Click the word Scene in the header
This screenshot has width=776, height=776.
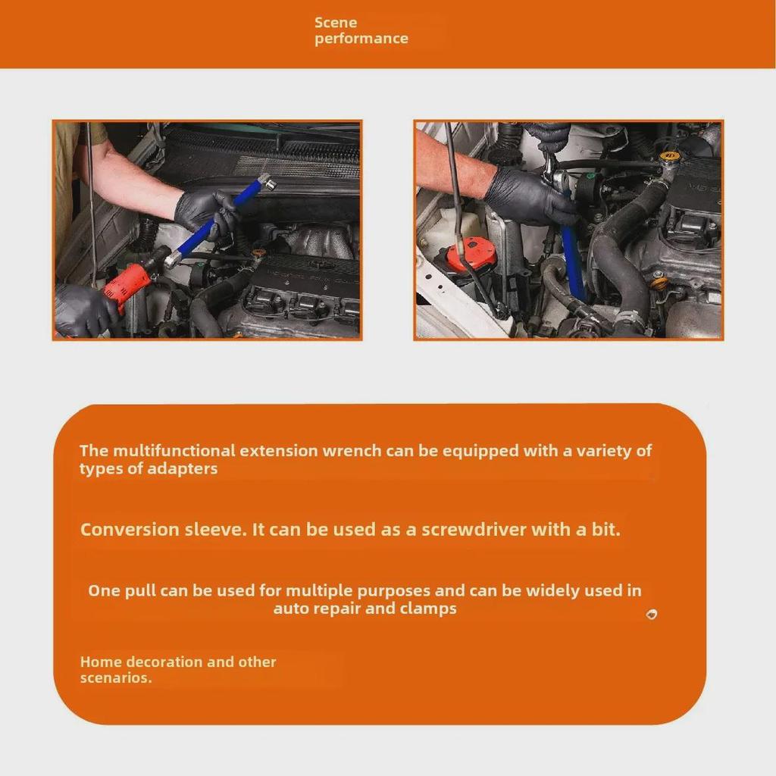coord(336,23)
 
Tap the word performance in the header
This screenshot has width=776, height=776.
coord(361,39)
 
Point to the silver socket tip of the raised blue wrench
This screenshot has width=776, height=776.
coord(265,182)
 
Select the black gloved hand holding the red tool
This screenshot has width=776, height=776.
coord(85,309)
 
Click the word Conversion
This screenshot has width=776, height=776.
coord(130,530)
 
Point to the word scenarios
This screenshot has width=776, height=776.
coord(115,677)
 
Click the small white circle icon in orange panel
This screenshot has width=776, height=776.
coord(651,614)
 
